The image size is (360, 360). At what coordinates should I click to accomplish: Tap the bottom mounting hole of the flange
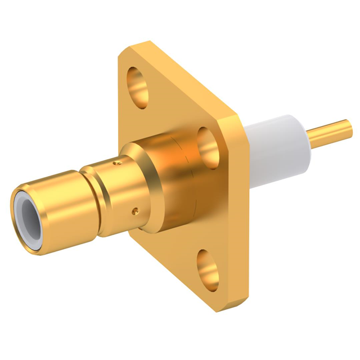point(208,271)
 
